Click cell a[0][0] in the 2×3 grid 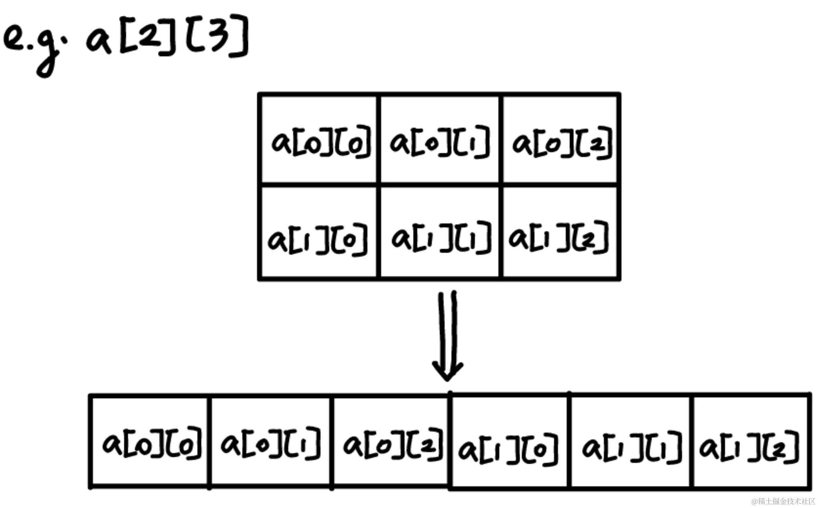pos(319,140)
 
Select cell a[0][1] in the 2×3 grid pos(439,140)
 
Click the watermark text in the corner pos(783,501)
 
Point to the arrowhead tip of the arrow pos(447,379)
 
